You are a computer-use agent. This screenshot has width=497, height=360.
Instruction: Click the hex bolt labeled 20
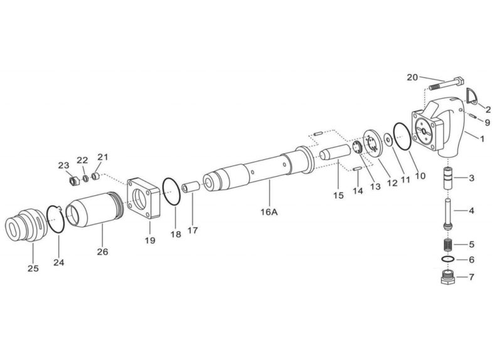tap(447, 83)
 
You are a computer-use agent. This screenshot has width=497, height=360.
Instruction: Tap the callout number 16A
tap(269, 212)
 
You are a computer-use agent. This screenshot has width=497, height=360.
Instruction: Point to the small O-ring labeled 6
tap(448, 259)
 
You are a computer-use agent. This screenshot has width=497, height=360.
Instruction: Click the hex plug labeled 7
tap(448, 278)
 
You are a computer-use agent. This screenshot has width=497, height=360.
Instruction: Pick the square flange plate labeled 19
tap(144, 199)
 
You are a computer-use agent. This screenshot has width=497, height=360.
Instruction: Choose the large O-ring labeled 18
tap(171, 192)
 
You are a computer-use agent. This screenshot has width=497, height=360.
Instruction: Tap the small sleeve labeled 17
tap(191, 187)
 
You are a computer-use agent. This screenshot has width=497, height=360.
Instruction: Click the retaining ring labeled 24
tap(56, 220)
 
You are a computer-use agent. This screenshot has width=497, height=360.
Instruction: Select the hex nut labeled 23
tap(73, 181)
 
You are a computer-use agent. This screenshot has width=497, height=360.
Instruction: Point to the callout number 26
tap(103, 252)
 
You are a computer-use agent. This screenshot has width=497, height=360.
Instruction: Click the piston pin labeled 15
tap(334, 152)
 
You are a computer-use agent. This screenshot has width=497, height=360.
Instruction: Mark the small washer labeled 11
tap(388, 140)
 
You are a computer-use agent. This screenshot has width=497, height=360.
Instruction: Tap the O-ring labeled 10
tap(402, 136)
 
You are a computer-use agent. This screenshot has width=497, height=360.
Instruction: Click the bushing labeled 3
tap(448, 179)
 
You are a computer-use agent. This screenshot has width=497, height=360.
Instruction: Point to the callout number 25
tap(33, 268)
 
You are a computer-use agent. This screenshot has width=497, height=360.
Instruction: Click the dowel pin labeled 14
tap(356, 169)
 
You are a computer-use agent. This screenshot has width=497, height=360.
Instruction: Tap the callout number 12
tap(392, 183)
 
